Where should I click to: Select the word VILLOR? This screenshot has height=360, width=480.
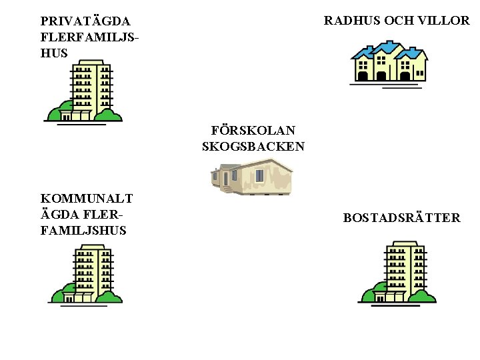coord(445,21)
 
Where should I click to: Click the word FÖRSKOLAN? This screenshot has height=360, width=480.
coord(253,130)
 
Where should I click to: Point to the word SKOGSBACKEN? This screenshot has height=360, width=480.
coord(253,146)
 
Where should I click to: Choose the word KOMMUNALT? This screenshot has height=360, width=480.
coord(87,198)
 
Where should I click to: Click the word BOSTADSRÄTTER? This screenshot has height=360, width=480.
coord(401,218)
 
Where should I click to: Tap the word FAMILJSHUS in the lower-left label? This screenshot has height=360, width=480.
coord(83,230)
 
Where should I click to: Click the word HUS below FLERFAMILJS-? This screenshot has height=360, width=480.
coord(54,53)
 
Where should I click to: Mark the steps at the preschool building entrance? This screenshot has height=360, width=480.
coord(227,189)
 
